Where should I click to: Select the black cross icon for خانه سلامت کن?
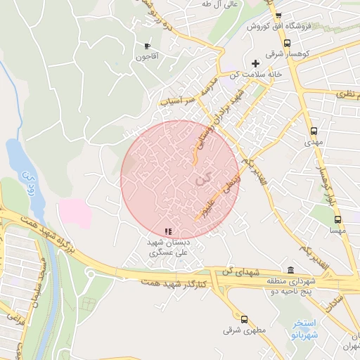point(255,63)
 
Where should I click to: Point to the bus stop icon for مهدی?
point(313,131)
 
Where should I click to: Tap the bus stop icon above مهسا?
point(337,219)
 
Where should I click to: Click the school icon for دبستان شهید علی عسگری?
point(167,231)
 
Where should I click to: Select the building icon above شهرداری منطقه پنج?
point(290,271)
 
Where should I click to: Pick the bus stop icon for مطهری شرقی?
point(243,319)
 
